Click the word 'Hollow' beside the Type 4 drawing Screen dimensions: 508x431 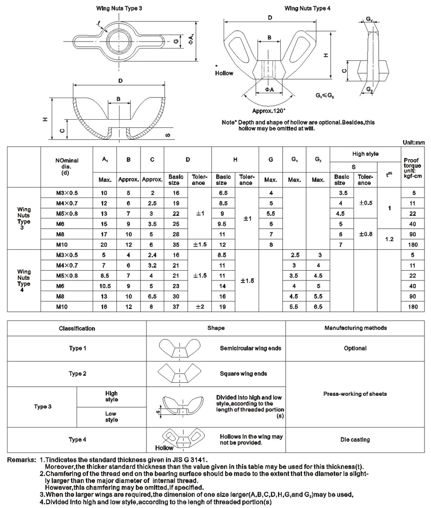tap(224, 72)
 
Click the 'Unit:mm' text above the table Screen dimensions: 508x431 tap(414, 142)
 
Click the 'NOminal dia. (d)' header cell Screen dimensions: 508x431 tap(66, 167)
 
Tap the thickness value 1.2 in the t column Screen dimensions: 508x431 tap(388, 238)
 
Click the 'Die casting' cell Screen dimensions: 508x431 tap(355, 440)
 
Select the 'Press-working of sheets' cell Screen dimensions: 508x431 tap(355, 394)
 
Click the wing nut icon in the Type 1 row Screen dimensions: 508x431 tap(174, 348)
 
